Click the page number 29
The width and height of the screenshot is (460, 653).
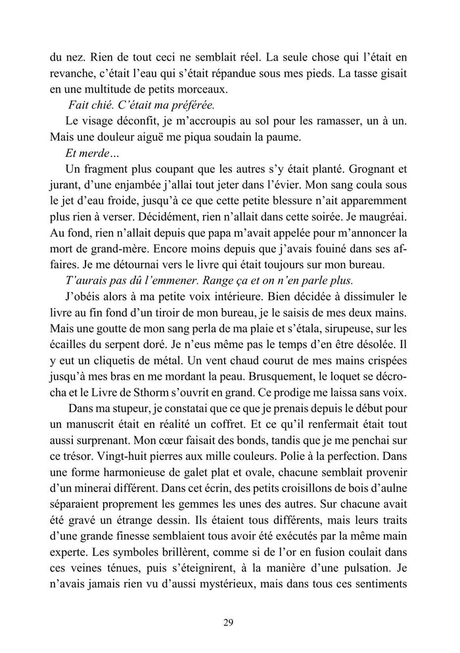click(x=229, y=623)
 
